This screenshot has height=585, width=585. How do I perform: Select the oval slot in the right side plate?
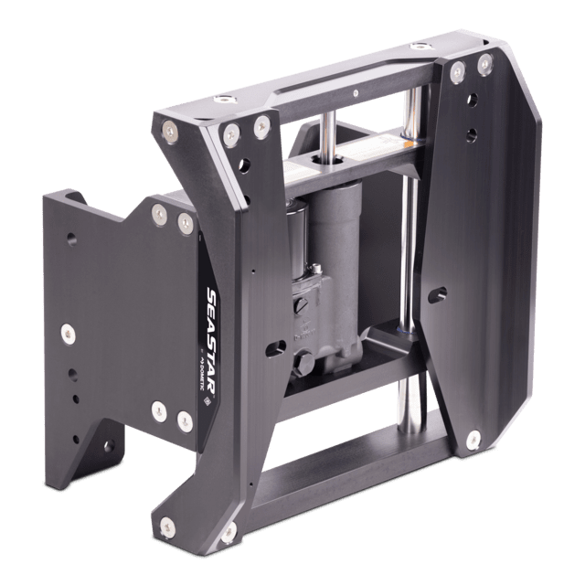point(441,293)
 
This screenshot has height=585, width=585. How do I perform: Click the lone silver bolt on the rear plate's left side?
point(65,334)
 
